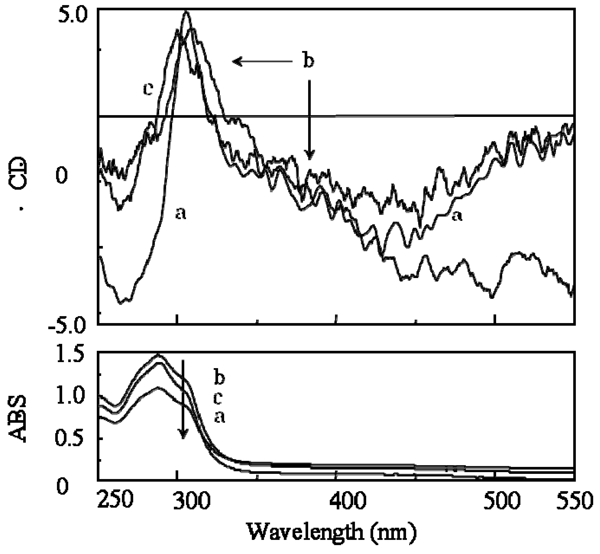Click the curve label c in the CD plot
pyautogui.click(x=148, y=89)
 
